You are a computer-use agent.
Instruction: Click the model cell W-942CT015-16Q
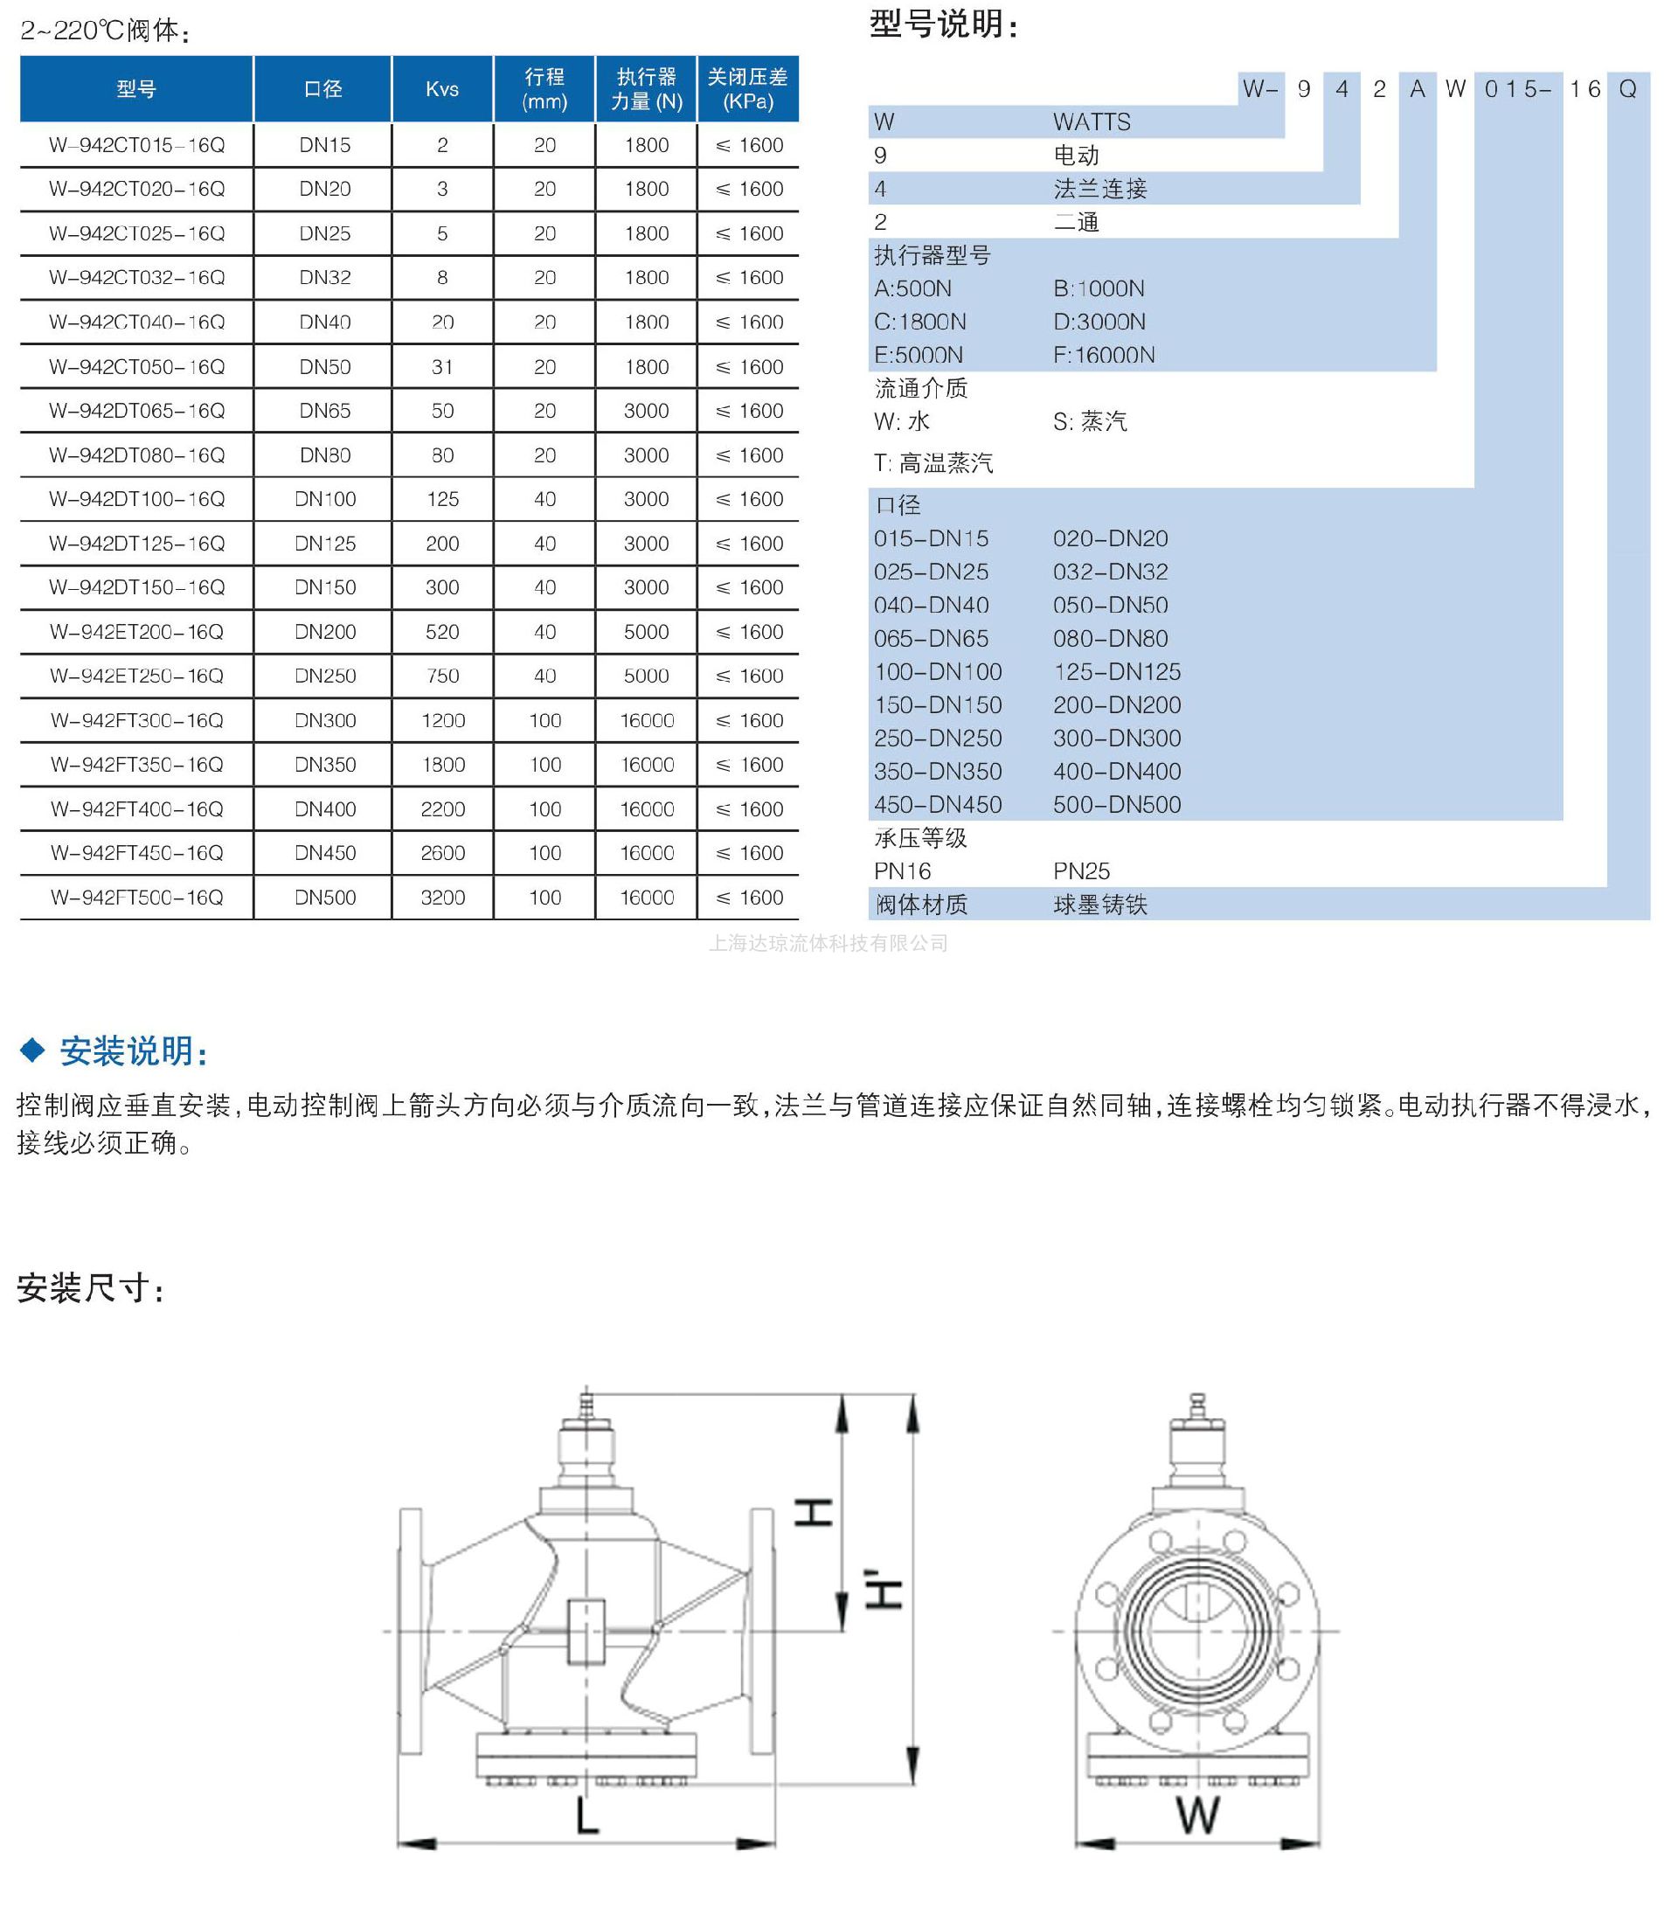coord(137,146)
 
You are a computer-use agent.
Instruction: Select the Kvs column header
coord(442,89)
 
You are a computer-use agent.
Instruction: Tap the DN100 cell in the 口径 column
coord(324,499)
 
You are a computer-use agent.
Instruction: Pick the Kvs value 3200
coord(442,898)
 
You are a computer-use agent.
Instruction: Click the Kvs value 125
coord(442,499)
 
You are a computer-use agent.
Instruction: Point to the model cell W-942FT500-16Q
coord(137,898)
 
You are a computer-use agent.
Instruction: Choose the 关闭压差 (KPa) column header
coord(748,89)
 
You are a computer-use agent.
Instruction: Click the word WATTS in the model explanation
coord(1092,122)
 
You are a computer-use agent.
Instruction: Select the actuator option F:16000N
coord(1104,356)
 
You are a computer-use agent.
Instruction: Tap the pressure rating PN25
coord(1081,871)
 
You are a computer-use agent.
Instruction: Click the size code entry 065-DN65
coord(929,639)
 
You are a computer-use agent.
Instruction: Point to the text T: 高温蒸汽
coord(933,464)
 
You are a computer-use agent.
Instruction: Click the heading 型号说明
coord(942,24)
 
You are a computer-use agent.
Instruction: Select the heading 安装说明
coord(134,1051)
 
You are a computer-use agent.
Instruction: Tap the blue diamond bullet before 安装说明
coord(32,1051)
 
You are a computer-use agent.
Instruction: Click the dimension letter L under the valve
coord(586,1815)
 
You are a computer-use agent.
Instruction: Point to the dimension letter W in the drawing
coord(1197,1815)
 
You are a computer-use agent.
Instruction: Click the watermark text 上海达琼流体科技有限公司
coord(829,943)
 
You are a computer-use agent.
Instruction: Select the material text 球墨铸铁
coord(1099,905)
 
